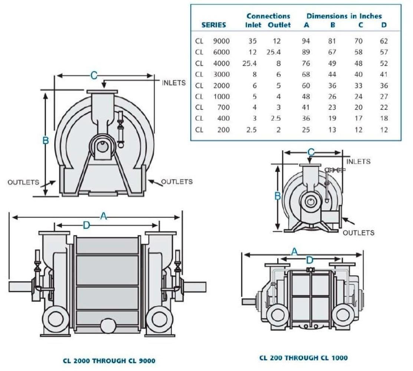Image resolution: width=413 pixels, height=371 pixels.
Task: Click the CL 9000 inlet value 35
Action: [x=252, y=41]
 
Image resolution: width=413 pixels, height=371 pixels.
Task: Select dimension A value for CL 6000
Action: [x=306, y=52]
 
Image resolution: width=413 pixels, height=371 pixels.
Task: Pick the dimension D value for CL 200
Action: [x=384, y=130]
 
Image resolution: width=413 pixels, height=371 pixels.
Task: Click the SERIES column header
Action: [x=214, y=25]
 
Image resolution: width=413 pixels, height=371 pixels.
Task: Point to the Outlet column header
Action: [x=279, y=25]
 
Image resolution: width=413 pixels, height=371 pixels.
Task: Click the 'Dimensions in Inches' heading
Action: [x=344, y=16]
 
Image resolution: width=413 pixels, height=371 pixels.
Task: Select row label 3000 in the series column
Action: [x=221, y=75]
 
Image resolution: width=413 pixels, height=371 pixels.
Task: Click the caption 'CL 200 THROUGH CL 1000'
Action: [x=304, y=358]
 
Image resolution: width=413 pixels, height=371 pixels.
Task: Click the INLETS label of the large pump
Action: [x=174, y=83]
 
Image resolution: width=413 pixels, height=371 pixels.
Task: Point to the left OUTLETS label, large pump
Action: [x=23, y=182]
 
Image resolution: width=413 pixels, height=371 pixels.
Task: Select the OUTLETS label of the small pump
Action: [x=358, y=233]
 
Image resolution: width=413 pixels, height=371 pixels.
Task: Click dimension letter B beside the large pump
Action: [x=46, y=141]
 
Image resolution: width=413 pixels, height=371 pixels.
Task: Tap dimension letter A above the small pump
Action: [x=294, y=252]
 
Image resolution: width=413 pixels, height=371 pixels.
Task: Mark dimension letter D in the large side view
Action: [x=86, y=225]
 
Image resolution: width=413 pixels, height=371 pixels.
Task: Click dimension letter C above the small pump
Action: [x=311, y=152]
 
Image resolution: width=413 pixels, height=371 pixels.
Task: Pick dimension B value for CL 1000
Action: [x=332, y=97]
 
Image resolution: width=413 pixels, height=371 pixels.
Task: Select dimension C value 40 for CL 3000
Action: [x=358, y=75]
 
